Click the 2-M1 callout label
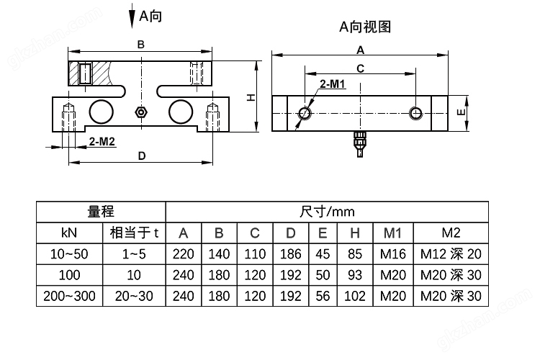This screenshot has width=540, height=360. (x=333, y=84)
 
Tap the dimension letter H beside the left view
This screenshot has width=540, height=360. (x=251, y=97)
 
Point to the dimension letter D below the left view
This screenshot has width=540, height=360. (x=141, y=156)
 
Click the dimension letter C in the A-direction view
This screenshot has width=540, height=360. (x=360, y=68)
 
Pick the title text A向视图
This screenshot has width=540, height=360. (x=365, y=27)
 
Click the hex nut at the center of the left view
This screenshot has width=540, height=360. (x=141, y=112)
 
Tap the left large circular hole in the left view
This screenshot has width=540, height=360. (x=101, y=112)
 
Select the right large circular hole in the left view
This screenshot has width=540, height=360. (x=181, y=112)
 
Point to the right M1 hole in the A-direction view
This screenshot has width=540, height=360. (x=415, y=112)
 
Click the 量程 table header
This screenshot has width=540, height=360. (x=102, y=212)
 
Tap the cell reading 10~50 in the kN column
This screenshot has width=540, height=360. (x=70, y=253)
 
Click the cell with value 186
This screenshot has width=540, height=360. (x=290, y=253)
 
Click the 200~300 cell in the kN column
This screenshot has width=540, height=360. (x=70, y=295)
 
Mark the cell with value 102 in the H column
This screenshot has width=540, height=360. (x=355, y=295)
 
